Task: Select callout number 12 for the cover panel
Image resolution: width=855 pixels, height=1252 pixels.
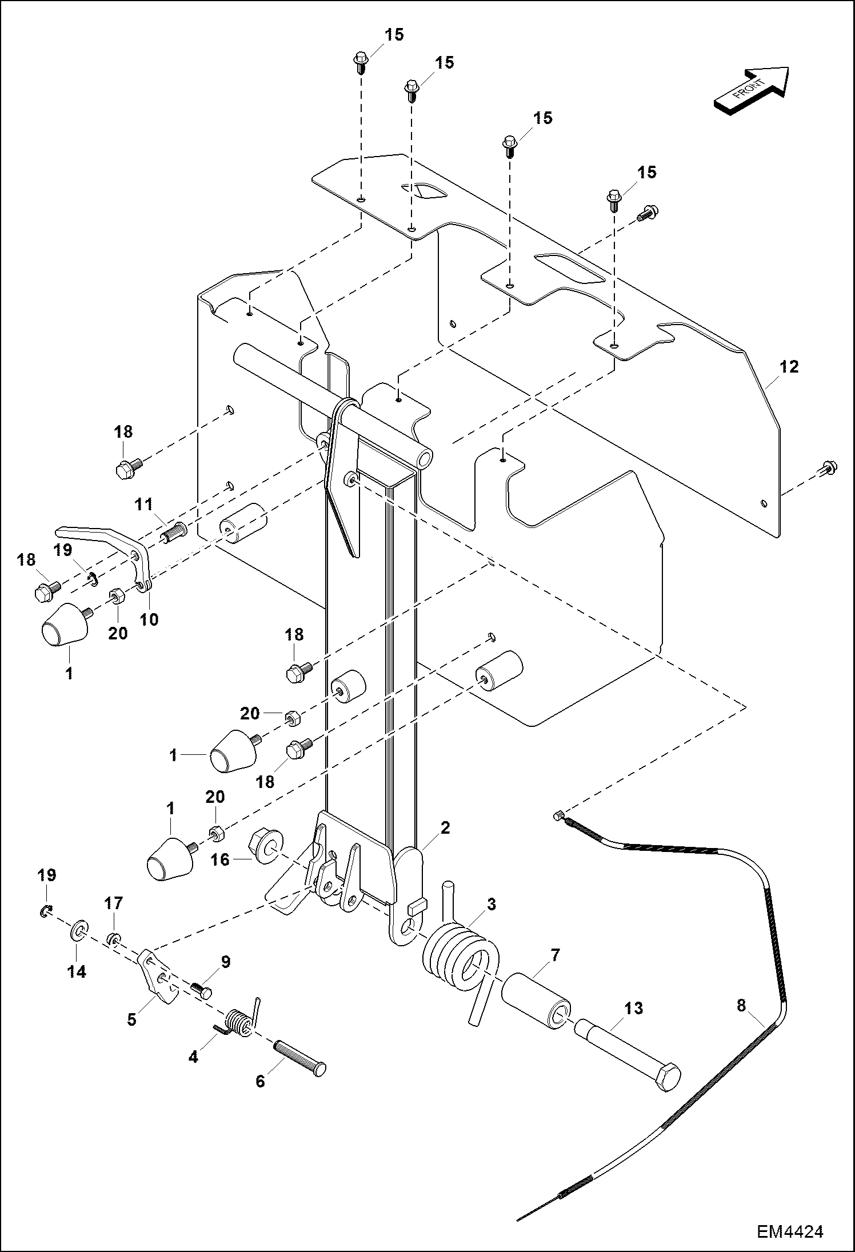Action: click(x=789, y=367)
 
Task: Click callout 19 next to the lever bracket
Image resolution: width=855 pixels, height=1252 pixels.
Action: click(x=63, y=550)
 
